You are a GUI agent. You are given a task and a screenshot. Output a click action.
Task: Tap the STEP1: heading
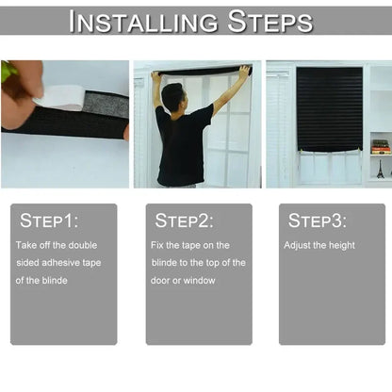pos(50,221)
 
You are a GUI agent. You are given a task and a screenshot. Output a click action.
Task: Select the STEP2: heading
pos(185,221)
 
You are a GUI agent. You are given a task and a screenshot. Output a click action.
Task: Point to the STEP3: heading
pos(318,221)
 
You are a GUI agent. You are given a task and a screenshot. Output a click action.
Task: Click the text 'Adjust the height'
pos(319,245)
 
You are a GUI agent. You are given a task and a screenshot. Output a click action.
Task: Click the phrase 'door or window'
pos(182,281)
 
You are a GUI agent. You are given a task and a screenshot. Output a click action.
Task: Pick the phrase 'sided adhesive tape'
pos(57,263)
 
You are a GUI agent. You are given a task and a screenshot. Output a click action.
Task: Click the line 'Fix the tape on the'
pos(188,245)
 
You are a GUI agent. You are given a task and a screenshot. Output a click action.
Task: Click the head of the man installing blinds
pos(172,96)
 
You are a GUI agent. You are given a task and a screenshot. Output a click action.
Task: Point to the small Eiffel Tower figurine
pos(380,171)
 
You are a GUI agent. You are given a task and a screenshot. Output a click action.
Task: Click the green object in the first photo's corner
pos(8,71)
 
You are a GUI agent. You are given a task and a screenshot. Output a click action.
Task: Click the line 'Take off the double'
pos(57,245)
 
